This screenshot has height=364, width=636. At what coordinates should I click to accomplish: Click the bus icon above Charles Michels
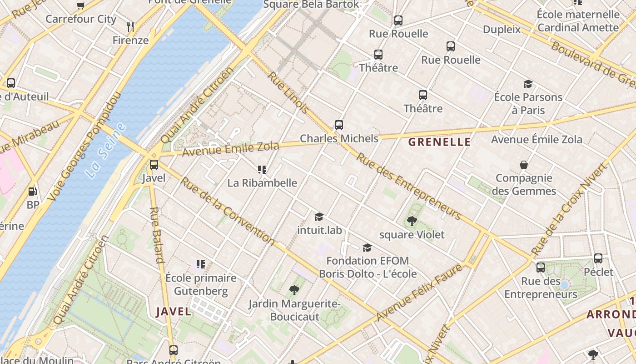click(x=338, y=125)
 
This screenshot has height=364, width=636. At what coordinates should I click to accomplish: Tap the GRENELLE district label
click(x=439, y=142)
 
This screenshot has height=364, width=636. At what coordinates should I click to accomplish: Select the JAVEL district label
click(x=174, y=312)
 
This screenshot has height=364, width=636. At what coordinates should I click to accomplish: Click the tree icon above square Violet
click(x=412, y=221)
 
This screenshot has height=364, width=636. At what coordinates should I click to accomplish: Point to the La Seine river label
click(x=105, y=151)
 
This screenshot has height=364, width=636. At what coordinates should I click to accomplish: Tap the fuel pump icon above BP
click(x=33, y=192)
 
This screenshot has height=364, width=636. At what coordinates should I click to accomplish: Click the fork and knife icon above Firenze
click(x=130, y=27)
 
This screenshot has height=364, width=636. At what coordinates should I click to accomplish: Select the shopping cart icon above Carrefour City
click(x=81, y=5)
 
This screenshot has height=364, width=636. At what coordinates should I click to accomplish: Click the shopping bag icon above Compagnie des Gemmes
click(x=524, y=165)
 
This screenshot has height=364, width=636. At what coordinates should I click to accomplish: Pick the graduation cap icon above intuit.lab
click(x=319, y=217)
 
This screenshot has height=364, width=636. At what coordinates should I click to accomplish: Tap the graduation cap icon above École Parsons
click(x=528, y=84)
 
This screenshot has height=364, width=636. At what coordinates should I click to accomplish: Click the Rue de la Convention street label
click(x=228, y=211)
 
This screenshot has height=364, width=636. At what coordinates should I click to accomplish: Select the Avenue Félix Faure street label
click(x=419, y=293)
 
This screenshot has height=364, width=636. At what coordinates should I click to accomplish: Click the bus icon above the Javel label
click(x=154, y=165)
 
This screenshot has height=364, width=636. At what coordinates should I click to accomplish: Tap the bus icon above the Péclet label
click(x=598, y=258)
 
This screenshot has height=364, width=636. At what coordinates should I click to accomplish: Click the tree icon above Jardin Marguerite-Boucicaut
click(x=294, y=290)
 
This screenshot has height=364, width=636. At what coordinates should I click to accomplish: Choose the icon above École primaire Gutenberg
click(x=200, y=264)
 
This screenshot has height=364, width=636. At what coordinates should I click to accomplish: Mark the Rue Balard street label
click(x=156, y=235)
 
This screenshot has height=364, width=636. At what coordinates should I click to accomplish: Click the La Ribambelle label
click(x=262, y=183)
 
